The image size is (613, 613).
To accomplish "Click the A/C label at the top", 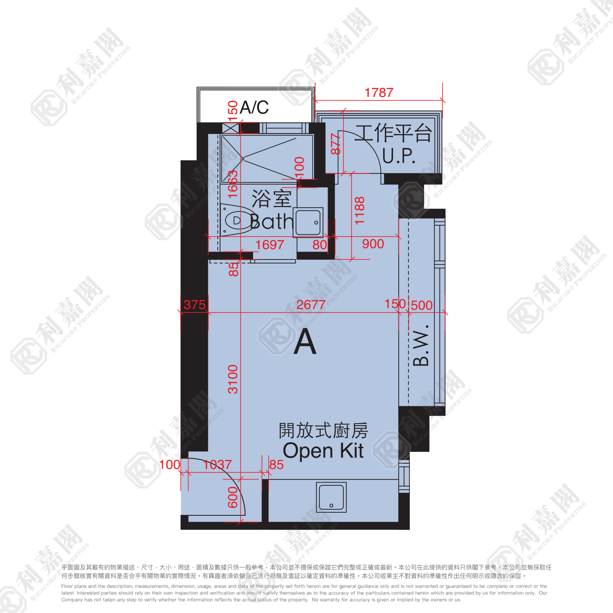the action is (x=254, y=107).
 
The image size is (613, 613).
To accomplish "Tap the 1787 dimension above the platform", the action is (x=379, y=93).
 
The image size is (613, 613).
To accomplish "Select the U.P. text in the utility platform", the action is (x=398, y=155).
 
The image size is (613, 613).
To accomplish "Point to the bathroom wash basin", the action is (x=308, y=222).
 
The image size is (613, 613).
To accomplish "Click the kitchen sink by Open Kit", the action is (x=331, y=497).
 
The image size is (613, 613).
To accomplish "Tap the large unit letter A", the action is (x=305, y=341).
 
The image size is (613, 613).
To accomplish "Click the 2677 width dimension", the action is (x=311, y=305).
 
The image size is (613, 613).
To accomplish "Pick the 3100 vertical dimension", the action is (x=233, y=379).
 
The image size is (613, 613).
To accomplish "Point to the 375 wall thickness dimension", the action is (x=194, y=305).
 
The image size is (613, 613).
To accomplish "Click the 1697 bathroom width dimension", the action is (x=270, y=245).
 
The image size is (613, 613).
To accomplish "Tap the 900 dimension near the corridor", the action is (x=373, y=244).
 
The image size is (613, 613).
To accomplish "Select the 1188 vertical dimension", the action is (x=359, y=211).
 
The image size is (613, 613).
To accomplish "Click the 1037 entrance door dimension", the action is (x=217, y=464).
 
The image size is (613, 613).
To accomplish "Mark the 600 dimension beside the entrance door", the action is (x=233, y=497).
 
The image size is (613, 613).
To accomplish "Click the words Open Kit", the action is (x=323, y=451).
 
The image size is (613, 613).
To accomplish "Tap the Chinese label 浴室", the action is (x=272, y=199).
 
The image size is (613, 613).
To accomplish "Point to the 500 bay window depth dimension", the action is (x=422, y=305).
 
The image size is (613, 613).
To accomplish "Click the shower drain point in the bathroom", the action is (x=243, y=159).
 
